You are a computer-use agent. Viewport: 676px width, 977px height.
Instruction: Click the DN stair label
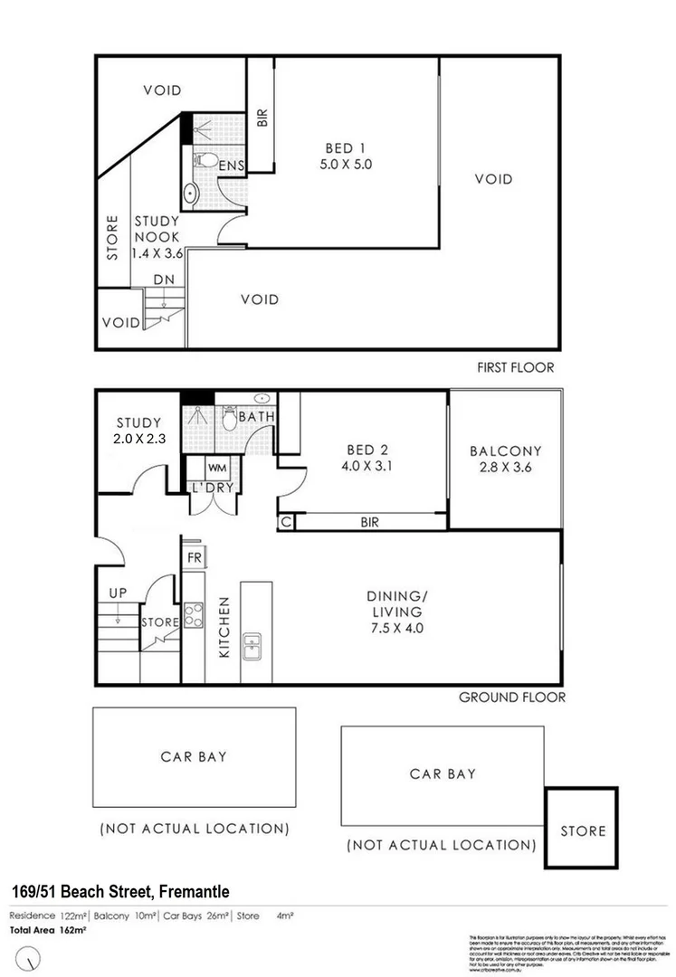[x=163, y=280]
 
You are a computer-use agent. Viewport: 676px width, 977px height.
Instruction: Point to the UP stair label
[x=119, y=593]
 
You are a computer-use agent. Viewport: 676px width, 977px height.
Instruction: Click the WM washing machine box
[x=217, y=468]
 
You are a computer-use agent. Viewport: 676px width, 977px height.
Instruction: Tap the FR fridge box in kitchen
[x=195, y=557]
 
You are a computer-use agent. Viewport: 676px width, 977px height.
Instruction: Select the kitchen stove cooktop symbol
[x=194, y=615]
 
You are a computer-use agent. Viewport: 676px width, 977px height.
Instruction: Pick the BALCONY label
[x=505, y=451]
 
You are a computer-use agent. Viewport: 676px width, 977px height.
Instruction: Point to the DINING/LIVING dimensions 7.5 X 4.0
[x=395, y=627]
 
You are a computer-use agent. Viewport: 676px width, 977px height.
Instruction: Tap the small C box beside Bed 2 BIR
[x=286, y=522]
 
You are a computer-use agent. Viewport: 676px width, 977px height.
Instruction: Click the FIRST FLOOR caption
[x=516, y=367]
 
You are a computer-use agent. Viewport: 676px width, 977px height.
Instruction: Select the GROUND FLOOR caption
[x=512, y=697]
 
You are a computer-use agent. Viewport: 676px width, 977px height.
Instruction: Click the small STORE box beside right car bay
[x=583, y=830]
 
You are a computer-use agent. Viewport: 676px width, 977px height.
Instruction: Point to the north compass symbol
[x=33, y=955]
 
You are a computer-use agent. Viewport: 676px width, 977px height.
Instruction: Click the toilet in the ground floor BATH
[x=230, y=418]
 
